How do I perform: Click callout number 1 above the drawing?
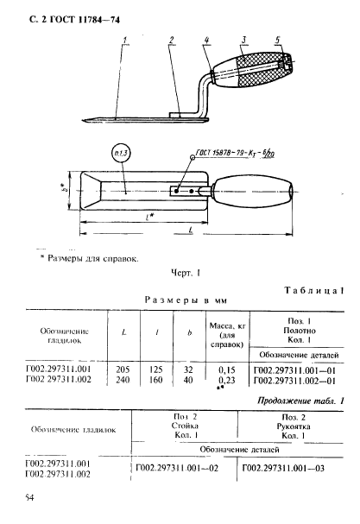127,40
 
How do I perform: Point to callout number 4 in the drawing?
207,40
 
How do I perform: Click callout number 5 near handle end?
276,40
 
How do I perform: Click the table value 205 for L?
123,368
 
